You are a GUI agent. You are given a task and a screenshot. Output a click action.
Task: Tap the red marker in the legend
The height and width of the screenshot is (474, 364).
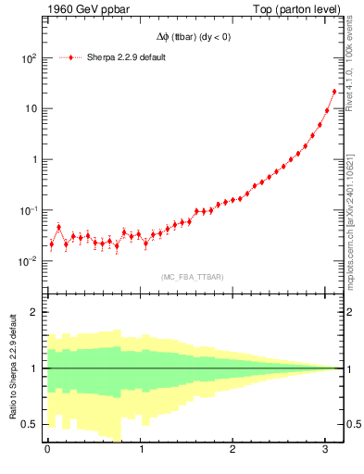point(71,57)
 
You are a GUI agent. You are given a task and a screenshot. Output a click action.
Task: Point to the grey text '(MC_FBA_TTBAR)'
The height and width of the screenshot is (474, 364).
point(193,277)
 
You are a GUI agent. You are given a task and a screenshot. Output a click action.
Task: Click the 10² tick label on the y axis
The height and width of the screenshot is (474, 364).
point(28,57)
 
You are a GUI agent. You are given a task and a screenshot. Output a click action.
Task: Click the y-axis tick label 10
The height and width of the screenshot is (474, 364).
point(31,108)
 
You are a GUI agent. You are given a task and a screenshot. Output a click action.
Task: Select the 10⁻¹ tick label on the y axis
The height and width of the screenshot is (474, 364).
point(28,210)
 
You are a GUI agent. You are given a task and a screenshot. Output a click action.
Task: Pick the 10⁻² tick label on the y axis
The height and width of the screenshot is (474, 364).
point(28,261)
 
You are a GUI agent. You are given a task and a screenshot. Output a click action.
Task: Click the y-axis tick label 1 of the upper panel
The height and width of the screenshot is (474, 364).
point(34,159)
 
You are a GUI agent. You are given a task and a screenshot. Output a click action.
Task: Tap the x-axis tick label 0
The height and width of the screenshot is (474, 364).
point(48,450)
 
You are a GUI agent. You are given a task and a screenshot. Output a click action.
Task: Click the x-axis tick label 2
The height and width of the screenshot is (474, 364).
point(234,450)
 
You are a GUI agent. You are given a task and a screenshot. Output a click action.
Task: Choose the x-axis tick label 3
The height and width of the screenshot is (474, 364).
point(327,450)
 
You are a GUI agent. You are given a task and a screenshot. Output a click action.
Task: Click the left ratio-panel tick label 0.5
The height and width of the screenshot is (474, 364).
point(31,424)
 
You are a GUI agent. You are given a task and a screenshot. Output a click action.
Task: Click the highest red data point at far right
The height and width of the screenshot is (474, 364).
point(334,91)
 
